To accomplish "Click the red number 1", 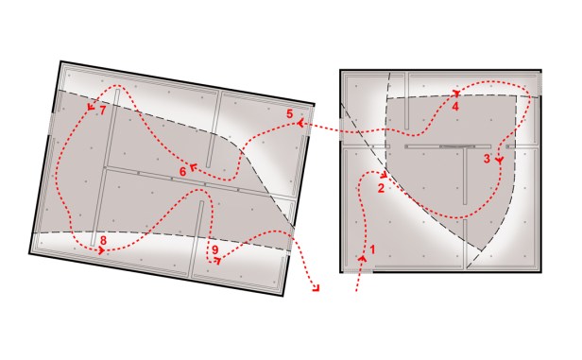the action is point(372,249).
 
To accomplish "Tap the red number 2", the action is point(381,188).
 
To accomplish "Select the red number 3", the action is point(487,159).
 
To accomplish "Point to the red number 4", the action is point(455,107).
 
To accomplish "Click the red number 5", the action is point(289,113).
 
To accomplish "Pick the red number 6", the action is point(182,172).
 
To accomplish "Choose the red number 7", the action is point(103,111).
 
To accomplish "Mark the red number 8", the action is point(103,241).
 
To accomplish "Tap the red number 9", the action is point(215,250).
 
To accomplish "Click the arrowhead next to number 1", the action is point(363,258).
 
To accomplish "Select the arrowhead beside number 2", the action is point(385,174).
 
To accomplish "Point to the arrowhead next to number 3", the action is point(500,161).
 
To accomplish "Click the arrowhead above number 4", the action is point(456,93).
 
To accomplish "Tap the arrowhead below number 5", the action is point(300,123).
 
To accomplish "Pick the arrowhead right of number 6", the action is point(193,167).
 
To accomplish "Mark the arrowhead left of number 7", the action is point(91,107).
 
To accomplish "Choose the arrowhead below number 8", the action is point(101,251).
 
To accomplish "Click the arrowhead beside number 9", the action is point(218,261).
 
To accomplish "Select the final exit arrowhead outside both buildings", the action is point(317,288).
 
